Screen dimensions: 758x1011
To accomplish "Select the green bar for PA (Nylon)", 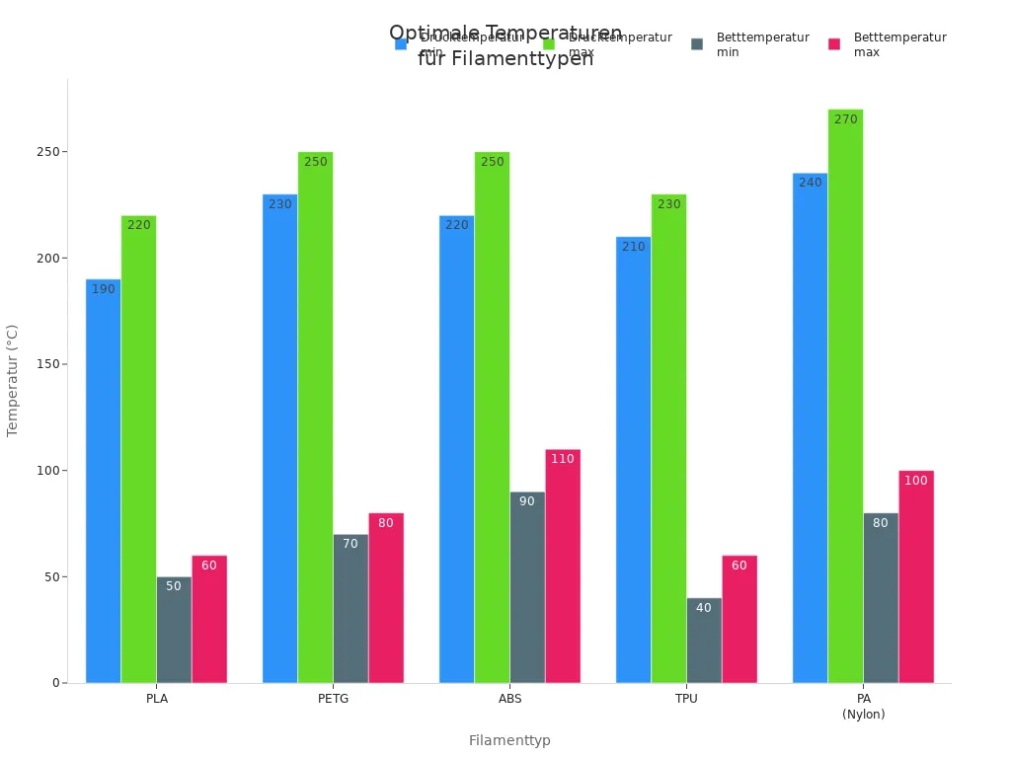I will (x=845, y=396).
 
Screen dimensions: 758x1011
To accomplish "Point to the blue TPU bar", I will (x=633, y=459).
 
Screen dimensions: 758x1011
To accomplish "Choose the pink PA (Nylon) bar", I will (x=916, y=576).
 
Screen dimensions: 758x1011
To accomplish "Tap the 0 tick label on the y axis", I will (x=55, y=683).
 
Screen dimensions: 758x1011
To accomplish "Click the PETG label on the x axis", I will (x=334, y=699).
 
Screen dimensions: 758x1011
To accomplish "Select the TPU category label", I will (x=686, y=699).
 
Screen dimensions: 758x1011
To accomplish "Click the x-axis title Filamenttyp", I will (x=509, y=740).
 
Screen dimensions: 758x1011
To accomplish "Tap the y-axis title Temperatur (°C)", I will (x=13, y=380).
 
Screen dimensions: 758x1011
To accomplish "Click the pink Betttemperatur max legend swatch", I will (x=834, y=44).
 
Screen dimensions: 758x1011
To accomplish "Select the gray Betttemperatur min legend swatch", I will (x=697, y=44).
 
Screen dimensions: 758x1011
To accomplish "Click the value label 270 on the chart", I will (x=845, y=119).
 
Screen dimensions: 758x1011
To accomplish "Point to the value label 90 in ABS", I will (x=527, y=501).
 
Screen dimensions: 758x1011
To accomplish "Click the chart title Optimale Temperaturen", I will (x=505, y=34).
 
